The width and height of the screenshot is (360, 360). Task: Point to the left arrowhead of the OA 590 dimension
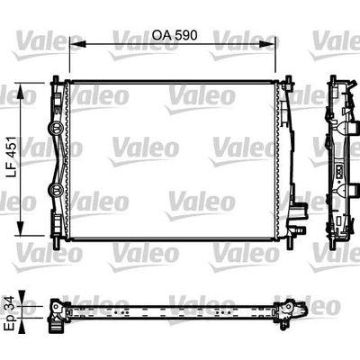(x=75, y=46)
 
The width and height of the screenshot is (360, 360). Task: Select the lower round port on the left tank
(x=57, y=189)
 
